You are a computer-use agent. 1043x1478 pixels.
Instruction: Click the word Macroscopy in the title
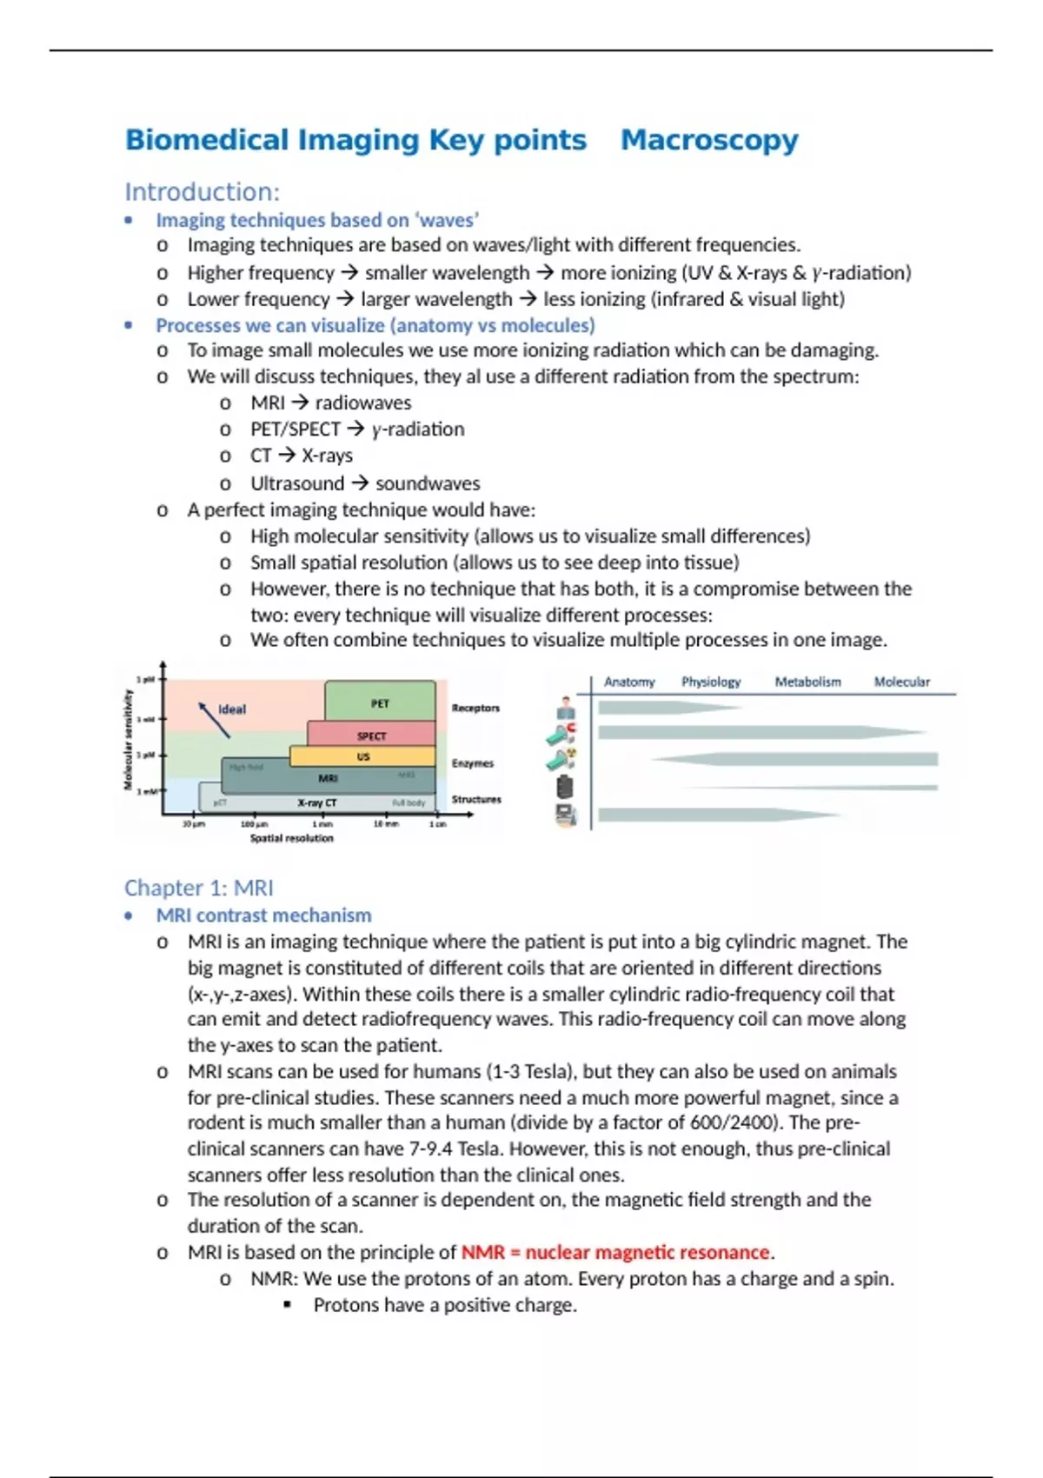tap(709, 140)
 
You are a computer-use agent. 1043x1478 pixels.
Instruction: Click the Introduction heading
tap(202, 192)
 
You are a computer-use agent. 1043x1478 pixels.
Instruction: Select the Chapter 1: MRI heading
tap(198, 888)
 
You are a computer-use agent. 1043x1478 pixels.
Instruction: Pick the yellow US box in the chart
tap(363, 756)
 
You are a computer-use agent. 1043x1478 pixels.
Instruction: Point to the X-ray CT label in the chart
tap(316, 802)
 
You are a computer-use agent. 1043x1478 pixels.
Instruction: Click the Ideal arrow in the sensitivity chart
tap(214, 720)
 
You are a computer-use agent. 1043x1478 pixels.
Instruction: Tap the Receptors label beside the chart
tap(475, 708)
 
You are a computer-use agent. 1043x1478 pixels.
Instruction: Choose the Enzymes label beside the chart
tap(472, 763)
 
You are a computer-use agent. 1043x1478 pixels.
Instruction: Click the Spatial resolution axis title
tap(291, 838)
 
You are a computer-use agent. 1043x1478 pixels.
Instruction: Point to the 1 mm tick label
tap(322, 823)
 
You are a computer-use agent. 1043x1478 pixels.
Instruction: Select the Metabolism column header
tap(807, 682)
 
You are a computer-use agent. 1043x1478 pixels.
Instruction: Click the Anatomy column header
tap(629, 682)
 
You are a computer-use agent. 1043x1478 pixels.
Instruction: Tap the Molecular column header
tap(901, 682)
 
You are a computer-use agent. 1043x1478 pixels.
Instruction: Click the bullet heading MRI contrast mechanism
tap(263, 915)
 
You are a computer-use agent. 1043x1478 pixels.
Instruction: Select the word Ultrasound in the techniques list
tap(297, 483)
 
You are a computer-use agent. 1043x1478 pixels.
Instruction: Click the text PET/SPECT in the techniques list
tap(296, 429)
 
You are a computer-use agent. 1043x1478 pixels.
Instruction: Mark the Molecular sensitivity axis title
tap(129, 739)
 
